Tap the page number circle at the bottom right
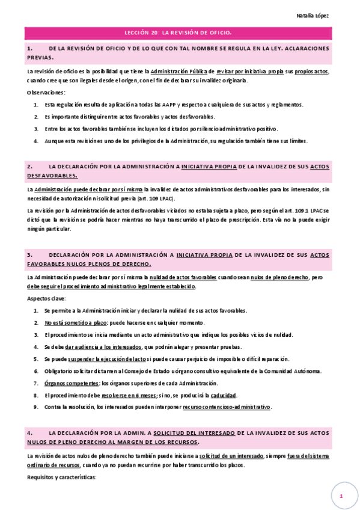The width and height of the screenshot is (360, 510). pyautogui.click(x=341, y=496)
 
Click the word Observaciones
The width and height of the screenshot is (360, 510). pyautogui.click(x=46, y=92)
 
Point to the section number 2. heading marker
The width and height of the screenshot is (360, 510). pyautogui.click(x=29, y=165)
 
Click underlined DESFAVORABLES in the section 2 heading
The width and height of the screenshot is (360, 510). pyautogui.click(x=52, y=176)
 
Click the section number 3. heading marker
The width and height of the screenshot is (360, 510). pyautogui.click(x=29, y=254)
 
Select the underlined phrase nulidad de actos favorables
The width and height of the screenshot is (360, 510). pyautogui.click(x=183, y=277)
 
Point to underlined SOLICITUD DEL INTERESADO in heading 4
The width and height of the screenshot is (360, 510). pyautogui.click(x=194, y=432)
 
